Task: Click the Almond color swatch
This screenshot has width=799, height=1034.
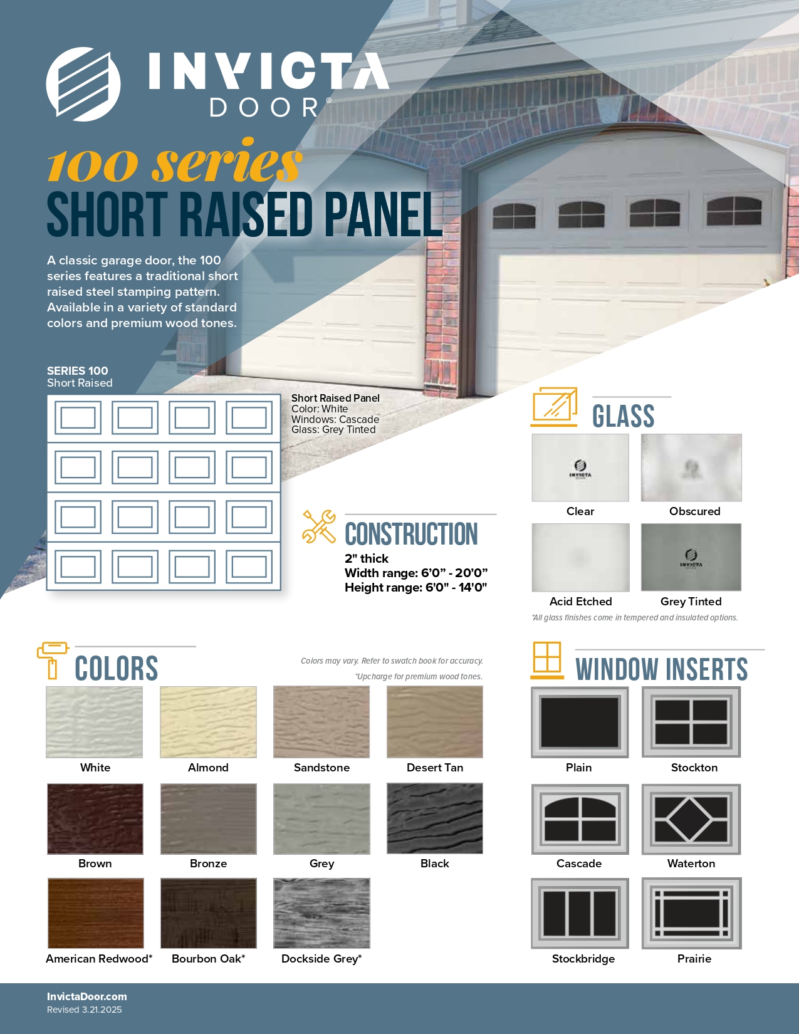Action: (x=208, y=721)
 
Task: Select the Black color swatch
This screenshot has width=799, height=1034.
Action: (x=434, y=818)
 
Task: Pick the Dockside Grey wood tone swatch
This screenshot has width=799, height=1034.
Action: (x=321, y=913)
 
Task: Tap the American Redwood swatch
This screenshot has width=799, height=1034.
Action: (x=95, y=913)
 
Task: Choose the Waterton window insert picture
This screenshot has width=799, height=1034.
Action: (x=691, y=819)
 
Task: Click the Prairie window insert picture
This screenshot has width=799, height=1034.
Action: (x=691, y=914)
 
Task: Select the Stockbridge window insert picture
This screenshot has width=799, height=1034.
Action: (x=580, y=914)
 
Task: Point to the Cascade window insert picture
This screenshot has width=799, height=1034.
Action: (x=580, y=819)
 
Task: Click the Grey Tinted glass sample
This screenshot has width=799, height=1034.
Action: (x=691, y=557)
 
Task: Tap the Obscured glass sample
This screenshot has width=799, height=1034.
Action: (x=691, y=467)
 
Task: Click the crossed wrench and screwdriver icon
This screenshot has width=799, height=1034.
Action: (x=319, y=526)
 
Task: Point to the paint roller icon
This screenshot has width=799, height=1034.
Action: (x=53, y=661)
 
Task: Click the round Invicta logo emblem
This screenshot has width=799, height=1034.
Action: (x=83, y=84)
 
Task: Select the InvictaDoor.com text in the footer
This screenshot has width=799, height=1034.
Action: (x=86, y=996)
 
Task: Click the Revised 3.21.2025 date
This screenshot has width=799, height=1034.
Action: (x=84, y=1010)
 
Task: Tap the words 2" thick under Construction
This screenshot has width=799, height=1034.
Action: (x=367, y=558)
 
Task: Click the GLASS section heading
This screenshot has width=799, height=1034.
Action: (x=623, y=416)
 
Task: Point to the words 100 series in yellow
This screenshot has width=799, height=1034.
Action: (x=175, y=162)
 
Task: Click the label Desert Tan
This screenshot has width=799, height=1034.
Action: (x=434, y=768)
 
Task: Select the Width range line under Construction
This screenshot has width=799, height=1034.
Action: (x=416, y=573)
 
